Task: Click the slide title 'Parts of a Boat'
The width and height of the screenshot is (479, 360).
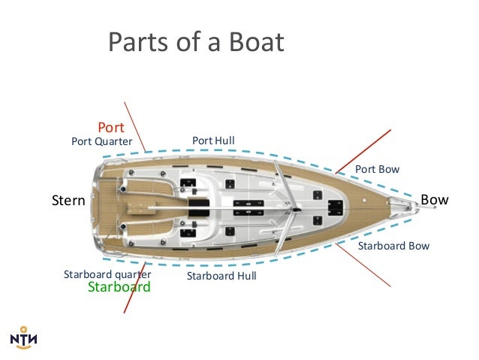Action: tap(196, 42)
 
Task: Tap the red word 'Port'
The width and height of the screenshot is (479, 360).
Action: tap(111, 128)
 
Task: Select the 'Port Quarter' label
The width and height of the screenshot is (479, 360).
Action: tap(101, 141)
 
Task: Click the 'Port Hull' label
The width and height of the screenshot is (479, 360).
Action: tap(213, 141)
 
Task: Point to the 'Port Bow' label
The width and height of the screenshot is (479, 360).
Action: tap(377, 170)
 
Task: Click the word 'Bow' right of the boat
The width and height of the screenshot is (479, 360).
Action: tap(435, 200)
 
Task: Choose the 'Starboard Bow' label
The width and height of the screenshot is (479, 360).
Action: tap(393, 246)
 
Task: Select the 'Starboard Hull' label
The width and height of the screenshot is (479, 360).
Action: tap(221, 277)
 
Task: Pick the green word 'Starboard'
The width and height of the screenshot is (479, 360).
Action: tap(119, 287)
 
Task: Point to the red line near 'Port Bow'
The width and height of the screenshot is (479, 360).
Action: tap(363, 151)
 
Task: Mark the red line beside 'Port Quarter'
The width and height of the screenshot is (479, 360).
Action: tap(137, 125)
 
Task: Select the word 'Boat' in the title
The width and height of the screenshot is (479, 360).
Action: tap(254, 42)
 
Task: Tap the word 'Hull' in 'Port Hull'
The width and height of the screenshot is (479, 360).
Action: tap(224, 141)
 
